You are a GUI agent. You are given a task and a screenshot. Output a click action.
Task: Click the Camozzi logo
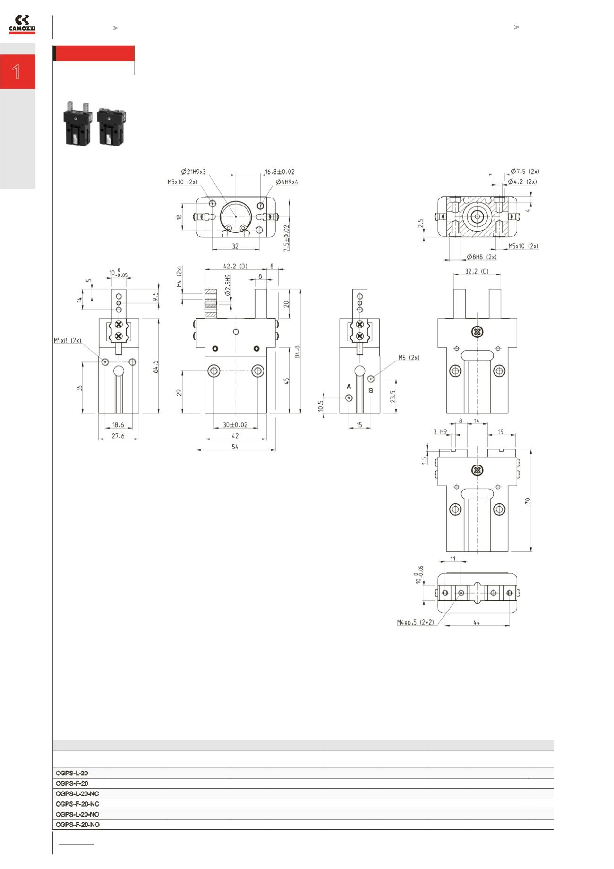[22, 24]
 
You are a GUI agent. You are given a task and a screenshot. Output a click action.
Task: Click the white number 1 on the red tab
[17, 72]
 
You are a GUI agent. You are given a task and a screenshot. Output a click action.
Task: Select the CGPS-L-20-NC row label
[77, 794]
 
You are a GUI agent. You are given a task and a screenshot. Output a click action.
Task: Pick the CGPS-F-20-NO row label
[77, 825]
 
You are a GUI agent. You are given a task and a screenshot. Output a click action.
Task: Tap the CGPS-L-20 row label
[72, 774]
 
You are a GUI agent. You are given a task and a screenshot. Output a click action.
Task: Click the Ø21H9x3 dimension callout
[194, 172]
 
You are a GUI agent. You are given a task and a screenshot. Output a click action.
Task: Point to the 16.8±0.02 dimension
[280, 172]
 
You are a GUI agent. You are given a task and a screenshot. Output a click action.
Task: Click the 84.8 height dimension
[297, 352]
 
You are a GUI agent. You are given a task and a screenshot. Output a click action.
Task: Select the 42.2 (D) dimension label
[235, 267]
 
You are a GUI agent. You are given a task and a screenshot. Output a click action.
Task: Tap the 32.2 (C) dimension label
[477, 272]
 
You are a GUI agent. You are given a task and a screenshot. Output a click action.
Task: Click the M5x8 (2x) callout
[68, 340]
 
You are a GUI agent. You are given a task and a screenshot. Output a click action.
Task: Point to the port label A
[349, 387]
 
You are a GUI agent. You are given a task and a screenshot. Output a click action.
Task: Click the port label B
[371, 391]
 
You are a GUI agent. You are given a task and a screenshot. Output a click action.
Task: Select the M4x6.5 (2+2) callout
[415, 623]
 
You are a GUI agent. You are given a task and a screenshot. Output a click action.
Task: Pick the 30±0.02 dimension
[235, 425]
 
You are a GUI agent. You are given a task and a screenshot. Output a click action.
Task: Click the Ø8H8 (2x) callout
[482, 257]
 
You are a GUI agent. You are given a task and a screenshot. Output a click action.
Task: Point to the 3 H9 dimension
[440, 432]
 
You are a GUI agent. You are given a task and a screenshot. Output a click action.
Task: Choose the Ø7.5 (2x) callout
[525, 172]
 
